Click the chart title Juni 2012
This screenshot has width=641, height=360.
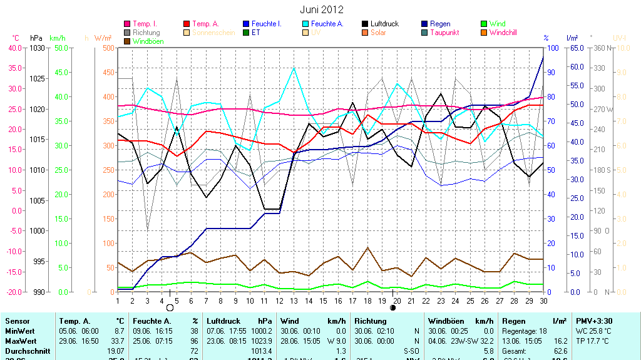[x=322, y=10]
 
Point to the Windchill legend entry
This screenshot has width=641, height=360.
[x=503, y=33]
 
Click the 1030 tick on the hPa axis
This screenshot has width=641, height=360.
[x=38, y=48]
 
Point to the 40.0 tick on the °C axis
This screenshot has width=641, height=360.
[x=14, y=48]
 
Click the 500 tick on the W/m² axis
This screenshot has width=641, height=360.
[x=108, y=48]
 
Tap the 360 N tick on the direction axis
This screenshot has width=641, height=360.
[x=602, y=48]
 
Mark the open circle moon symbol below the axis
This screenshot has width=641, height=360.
[x=170, y=307]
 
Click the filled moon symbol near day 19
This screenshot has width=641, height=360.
[x=393, y=307]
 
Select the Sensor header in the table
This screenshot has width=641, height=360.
[x=17, y=321]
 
